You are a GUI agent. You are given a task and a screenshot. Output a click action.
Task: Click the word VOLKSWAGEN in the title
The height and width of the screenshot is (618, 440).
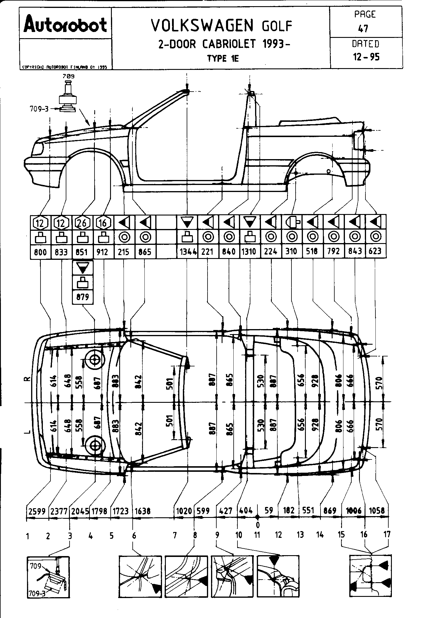(202, 26)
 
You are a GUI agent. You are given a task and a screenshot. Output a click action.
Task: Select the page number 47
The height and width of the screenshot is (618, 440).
(363, 28)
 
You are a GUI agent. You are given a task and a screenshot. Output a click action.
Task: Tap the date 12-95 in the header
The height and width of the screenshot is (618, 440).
(366, 57)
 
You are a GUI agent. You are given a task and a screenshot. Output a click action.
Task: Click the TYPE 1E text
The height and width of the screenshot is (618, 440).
(223, 58)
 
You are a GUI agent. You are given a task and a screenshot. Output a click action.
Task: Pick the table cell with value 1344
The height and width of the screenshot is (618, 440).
(188, 252)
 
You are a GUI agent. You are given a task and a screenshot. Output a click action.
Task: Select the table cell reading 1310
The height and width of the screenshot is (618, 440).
(250, 252)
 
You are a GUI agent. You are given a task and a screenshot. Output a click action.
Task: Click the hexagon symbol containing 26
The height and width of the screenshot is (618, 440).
(82, 223)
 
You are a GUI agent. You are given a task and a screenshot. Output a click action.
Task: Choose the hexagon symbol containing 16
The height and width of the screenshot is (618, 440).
(103, 223)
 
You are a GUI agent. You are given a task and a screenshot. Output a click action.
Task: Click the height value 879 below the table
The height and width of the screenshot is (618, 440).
(82, 297)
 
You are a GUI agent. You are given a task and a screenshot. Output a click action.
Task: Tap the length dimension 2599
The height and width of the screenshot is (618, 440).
(37, 511)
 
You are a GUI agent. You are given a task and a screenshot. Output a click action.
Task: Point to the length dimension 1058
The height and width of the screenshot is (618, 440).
(377, 511)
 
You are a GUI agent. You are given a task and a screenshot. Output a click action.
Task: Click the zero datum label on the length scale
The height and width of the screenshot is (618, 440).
(257, 525)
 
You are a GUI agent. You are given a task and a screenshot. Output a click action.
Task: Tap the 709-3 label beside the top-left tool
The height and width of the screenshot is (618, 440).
(39, 109)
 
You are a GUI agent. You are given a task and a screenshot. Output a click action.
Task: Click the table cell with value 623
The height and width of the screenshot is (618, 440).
(375, 252)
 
